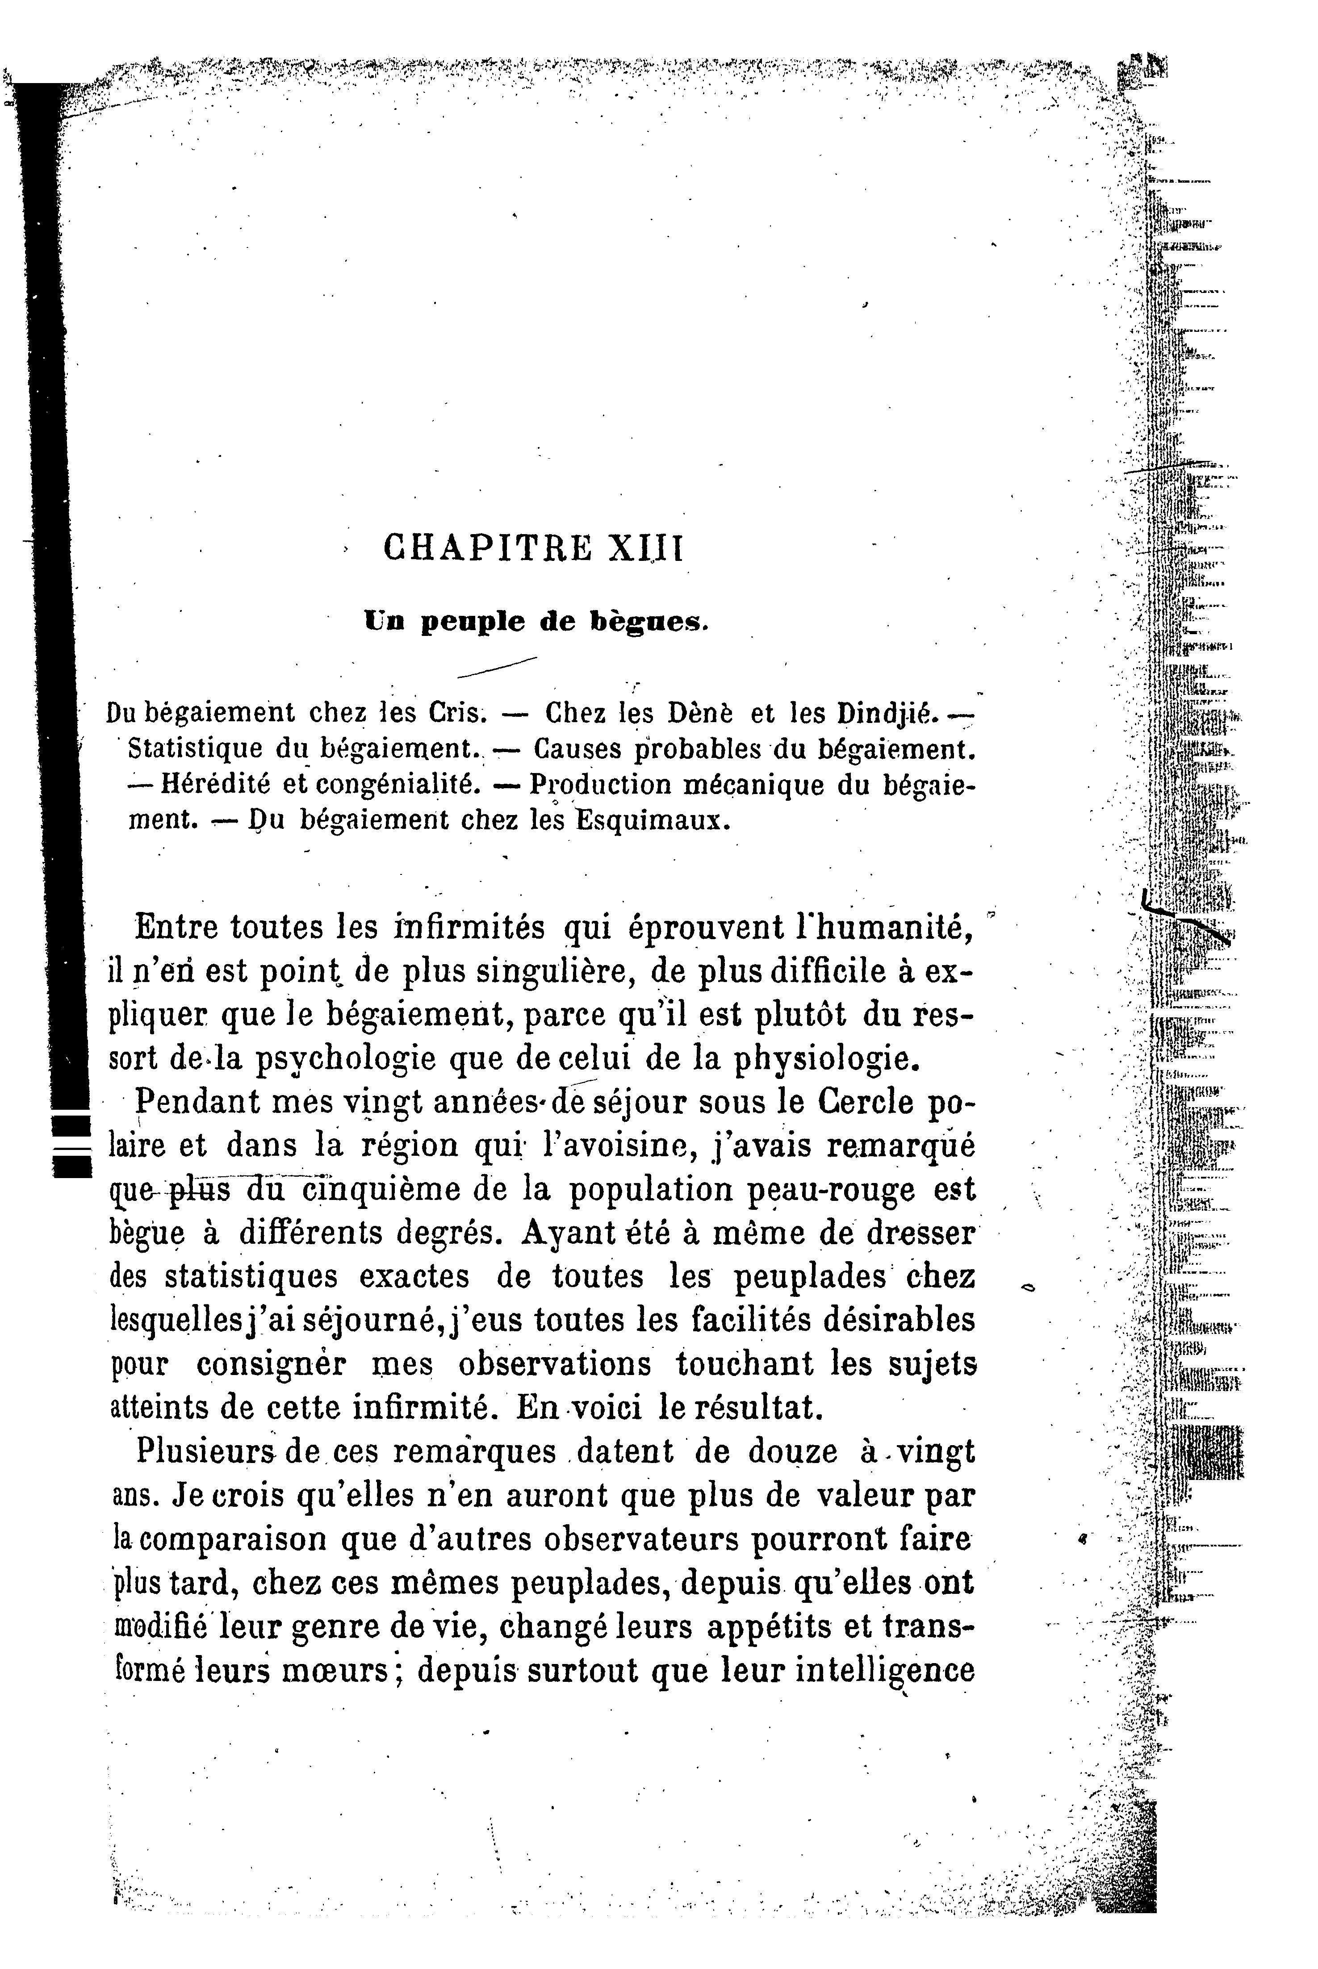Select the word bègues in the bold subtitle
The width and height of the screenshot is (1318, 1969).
[x=651, y=623]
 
